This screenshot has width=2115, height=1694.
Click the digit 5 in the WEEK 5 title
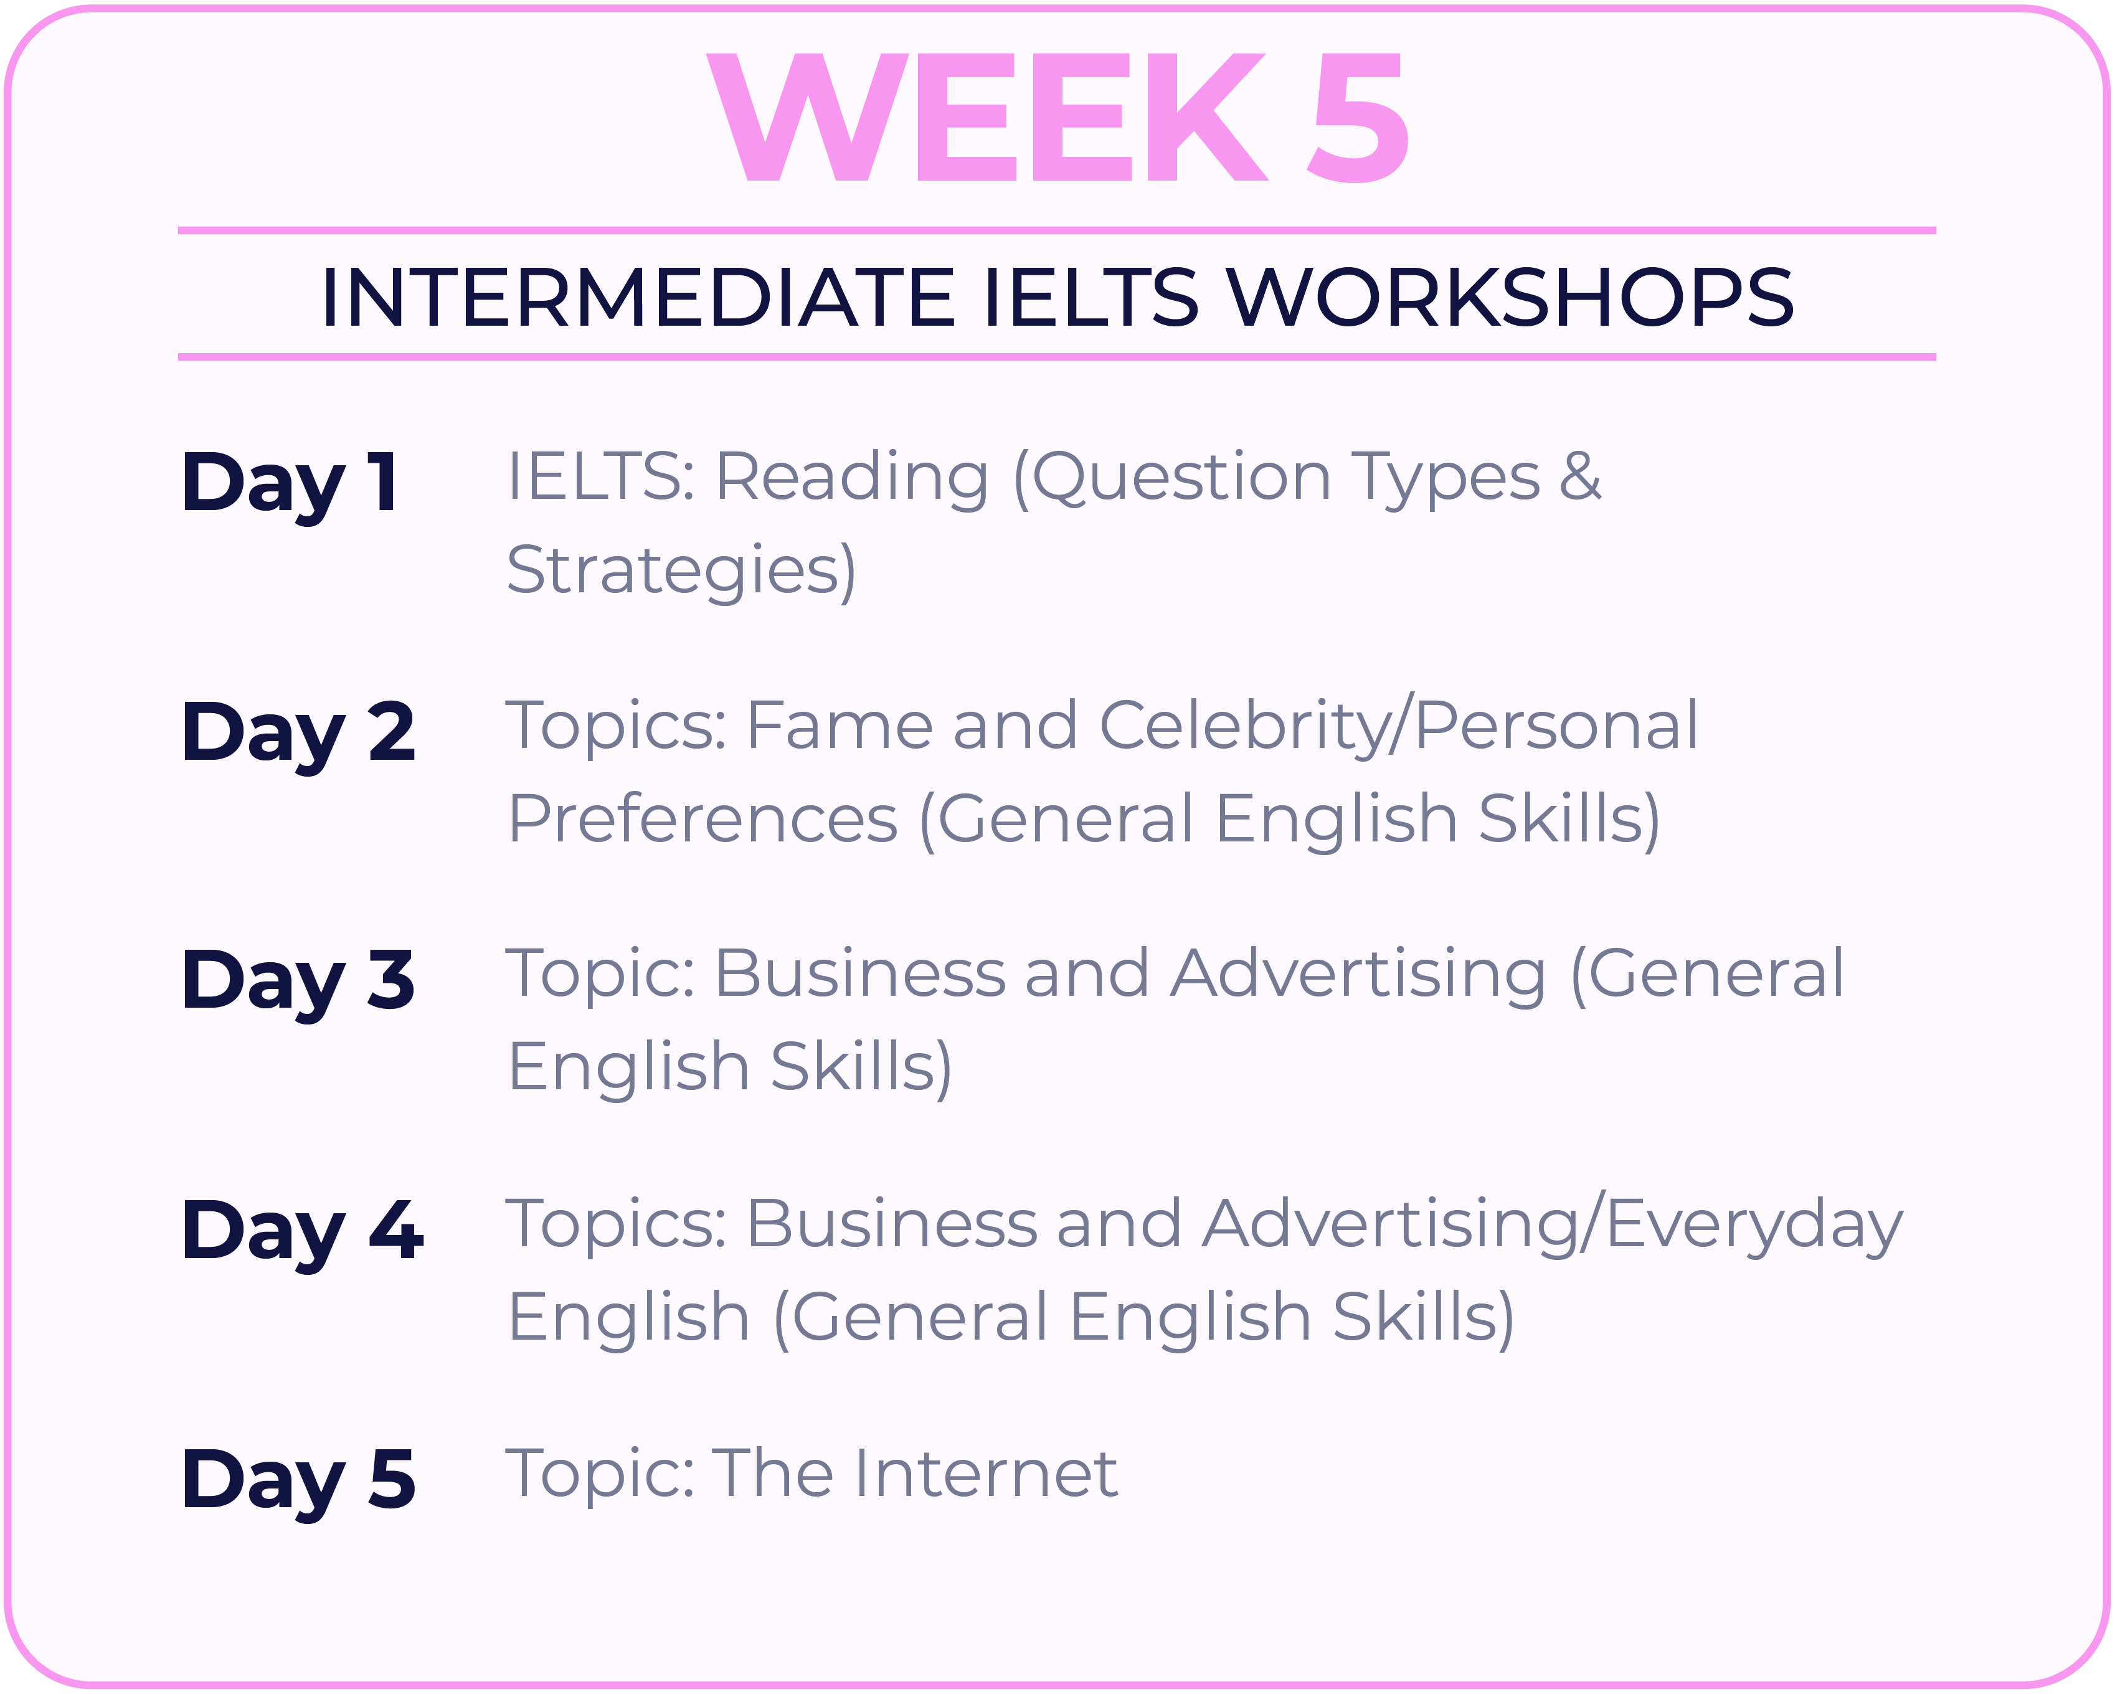pyautogui.click(x=1359, y=118)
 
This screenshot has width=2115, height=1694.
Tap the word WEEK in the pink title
pyautogui.click(x=986, y=118)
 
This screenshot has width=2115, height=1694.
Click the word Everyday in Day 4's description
pyautogui.click(x=1755, y=1226)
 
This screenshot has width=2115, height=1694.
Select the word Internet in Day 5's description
pyautogui.click(x=988, y=1474)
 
